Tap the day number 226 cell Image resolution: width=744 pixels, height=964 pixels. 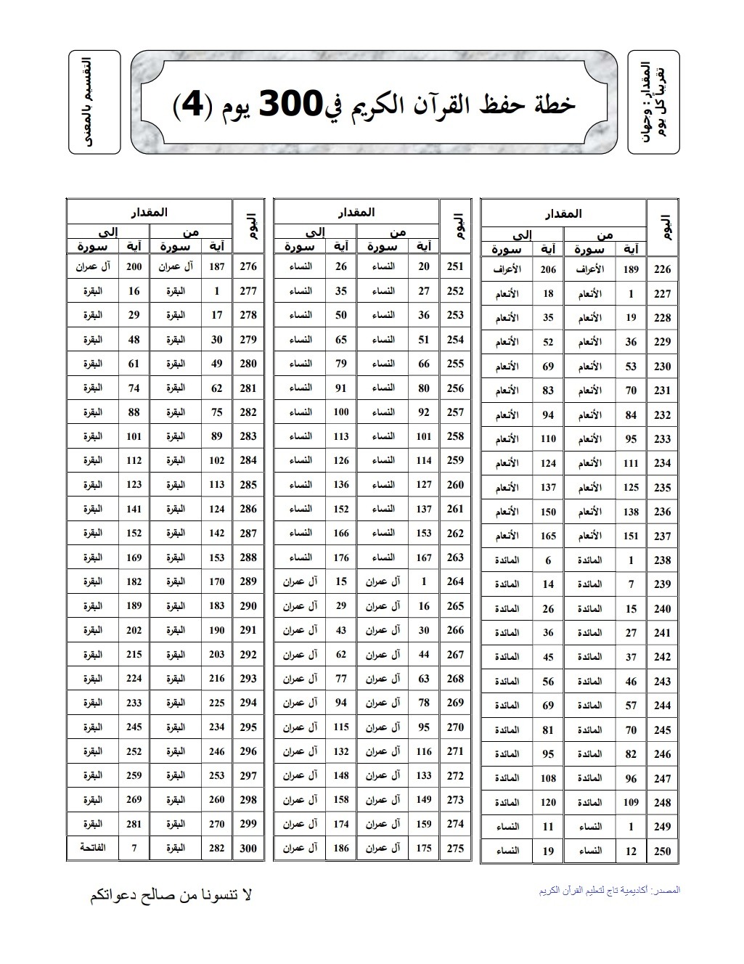coord(662,270)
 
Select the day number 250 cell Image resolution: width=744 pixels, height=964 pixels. coord(662,851)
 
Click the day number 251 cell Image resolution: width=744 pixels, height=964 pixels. coord(455,266)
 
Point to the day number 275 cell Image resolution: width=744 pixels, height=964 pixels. coord(455,848)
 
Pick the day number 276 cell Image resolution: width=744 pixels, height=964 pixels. coord(248,266)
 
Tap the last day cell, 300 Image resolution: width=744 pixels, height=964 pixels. coord(248,848)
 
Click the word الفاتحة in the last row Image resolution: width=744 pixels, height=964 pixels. coord(93,848)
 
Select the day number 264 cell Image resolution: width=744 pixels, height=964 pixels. coord(455,581)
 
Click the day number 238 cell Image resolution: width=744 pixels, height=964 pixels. coord(662,560)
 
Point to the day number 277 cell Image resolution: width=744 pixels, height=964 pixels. coord(248,291)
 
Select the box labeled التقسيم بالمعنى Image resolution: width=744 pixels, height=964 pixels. coord(94,102)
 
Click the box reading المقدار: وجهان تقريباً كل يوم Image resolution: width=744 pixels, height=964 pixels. coord(653,102)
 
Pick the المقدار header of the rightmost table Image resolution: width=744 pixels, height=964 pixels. coord(563,214)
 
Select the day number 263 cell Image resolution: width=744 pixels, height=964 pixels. coord(455,557)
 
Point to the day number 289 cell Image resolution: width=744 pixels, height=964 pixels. coord(248,581)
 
